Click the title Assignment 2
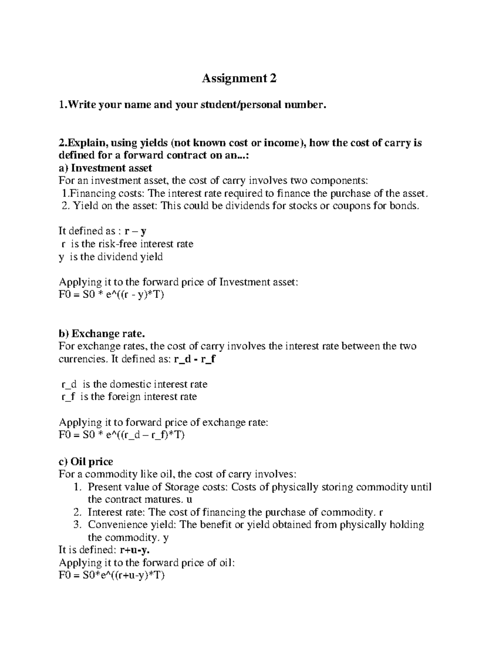pyautogui.click(x=239, y=78)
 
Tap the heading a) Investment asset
pyautogui.click(x=105, y=168)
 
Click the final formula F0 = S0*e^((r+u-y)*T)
pyautogui.click(x=112, y=576)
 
